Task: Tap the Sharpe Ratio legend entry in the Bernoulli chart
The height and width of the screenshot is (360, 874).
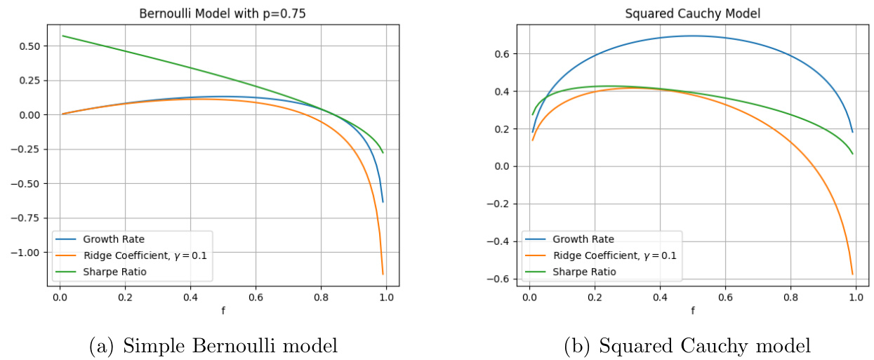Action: pos(117,272)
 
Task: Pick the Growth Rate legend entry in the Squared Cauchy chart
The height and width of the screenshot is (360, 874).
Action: pos(583,239)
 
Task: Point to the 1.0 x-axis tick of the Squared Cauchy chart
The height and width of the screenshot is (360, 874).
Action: pos(856,297)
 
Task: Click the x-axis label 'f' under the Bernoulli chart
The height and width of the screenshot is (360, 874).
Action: pos(223,309)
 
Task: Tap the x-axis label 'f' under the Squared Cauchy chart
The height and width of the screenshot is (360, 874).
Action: pos(692,309)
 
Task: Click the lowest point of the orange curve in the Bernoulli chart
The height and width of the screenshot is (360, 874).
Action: pos(383,274)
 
